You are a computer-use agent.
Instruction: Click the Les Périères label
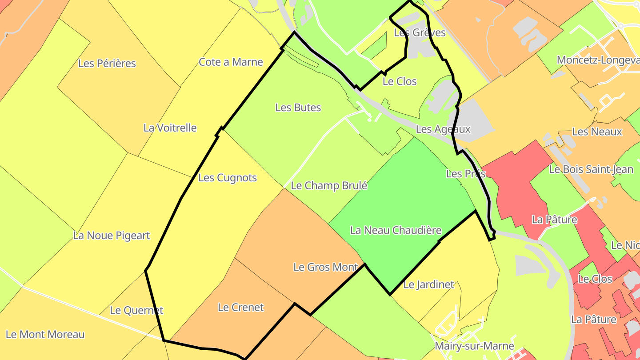[107, 63]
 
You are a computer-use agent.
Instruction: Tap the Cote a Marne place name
[231, 62]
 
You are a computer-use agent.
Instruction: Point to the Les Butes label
[298, 108]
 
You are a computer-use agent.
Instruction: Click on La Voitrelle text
[170, 128]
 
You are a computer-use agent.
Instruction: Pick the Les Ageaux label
[443, 129]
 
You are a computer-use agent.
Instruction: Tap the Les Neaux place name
[597, 132]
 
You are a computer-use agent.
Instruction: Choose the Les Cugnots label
[228, 178]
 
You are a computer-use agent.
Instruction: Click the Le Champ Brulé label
[329, 185]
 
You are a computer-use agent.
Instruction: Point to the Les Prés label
[466, 174]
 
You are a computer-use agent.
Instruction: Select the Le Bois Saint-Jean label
[591, 169]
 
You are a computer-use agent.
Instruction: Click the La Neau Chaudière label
[396, 230]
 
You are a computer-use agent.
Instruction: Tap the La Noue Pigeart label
[112, 236]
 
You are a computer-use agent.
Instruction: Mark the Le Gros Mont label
[325, 267]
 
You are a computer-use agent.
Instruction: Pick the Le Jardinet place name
[428, 284]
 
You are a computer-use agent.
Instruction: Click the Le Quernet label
[136, 310]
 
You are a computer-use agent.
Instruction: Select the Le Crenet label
[240, 307]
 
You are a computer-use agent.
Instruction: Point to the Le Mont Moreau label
[45, 334]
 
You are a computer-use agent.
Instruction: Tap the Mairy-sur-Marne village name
[474, 346]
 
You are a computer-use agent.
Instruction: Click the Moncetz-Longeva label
[598, 60]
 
